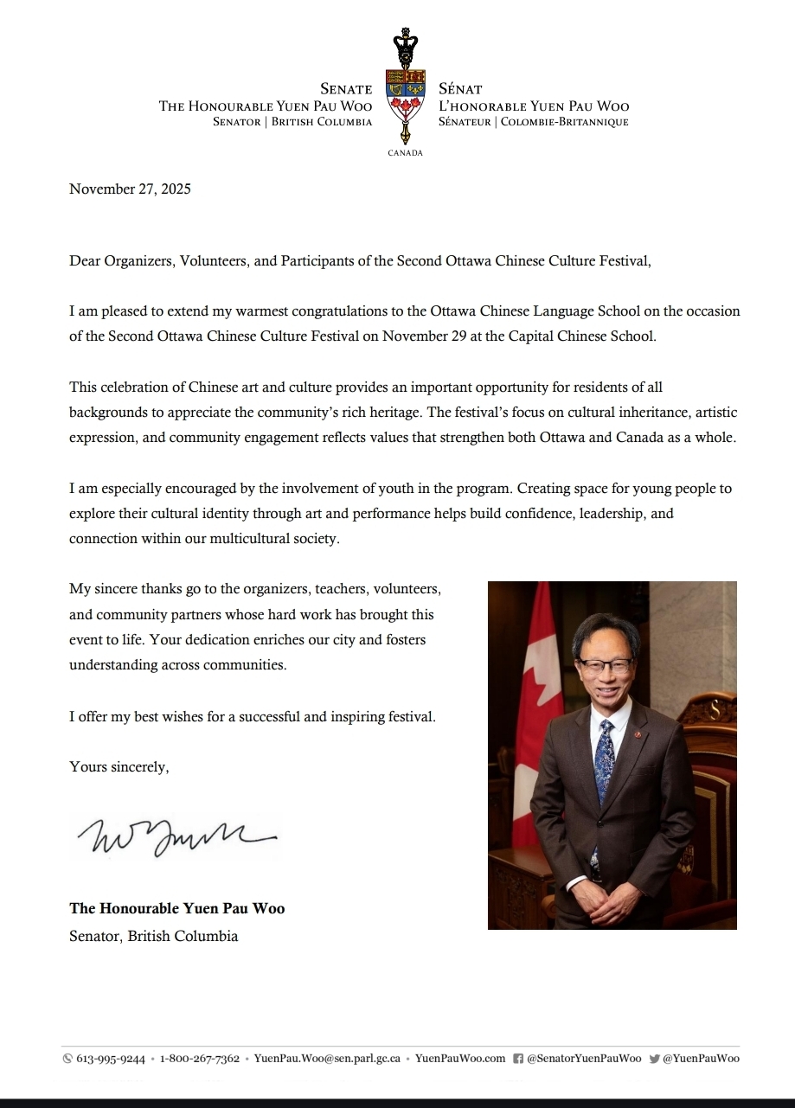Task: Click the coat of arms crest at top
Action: (x=405, y=86)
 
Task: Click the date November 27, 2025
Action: (x=130, y=189)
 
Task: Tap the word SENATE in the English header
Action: (x=346, y=89)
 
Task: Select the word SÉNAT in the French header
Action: (x=460, y=89)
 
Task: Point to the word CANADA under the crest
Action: (x=406, y=153)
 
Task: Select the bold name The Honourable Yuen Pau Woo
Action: (x=176, y=908)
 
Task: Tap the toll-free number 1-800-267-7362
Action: (x=200, y=1059)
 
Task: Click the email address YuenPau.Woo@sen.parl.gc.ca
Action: (x=327, y=1059)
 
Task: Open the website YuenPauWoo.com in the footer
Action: (x=460, y=1059)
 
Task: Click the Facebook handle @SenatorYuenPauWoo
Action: (x=584, y=1059)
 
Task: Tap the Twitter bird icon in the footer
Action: (x=654, y=1059)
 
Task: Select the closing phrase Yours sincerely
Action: (x=119, y=766)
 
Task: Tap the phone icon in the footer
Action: (x=68, y=1059)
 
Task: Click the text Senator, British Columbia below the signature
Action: (x=153, y=936)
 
